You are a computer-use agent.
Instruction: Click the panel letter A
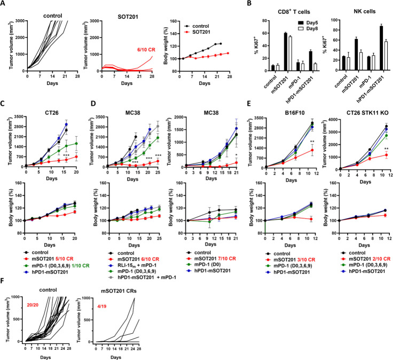[x=4, y=5]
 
